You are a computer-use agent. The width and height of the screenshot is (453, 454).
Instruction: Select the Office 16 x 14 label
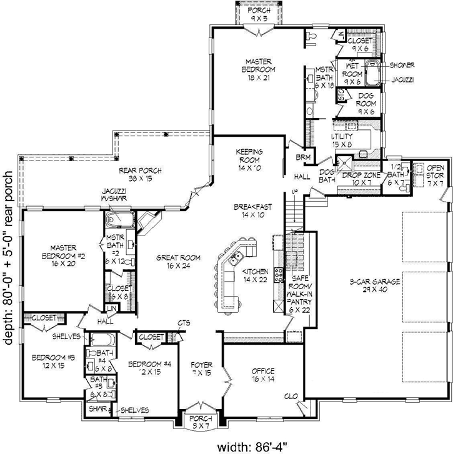(x=263, y=374)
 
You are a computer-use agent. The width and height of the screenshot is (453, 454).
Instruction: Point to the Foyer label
(x=202, y=368)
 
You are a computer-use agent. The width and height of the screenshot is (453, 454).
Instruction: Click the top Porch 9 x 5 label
(x=256, y=14)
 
